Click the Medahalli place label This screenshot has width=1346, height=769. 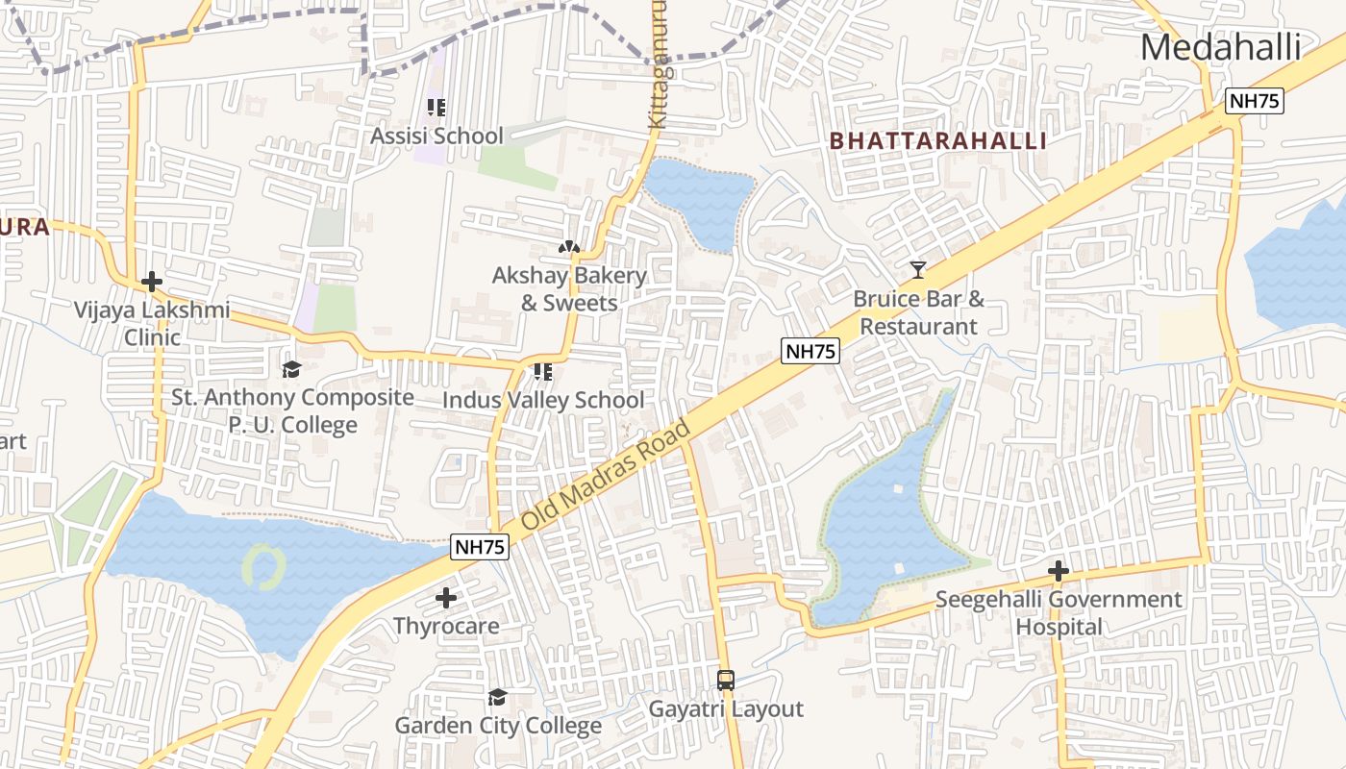click(x=1220, y=48)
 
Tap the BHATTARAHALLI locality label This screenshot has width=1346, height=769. click(x=937, y=141)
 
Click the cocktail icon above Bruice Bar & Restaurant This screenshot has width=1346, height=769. click(x=918, y=270)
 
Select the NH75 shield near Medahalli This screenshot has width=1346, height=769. click(x=1255, y=101)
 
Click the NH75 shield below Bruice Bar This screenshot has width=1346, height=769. click(x=810, y=351)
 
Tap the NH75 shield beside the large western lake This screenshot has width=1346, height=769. click(x=479, y=547)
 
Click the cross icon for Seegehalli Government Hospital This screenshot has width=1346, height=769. click(x=1059, y=571)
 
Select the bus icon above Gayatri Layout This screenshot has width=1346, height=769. click(x=726, y=681)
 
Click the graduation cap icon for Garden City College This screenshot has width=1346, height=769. click(x=497, y=697)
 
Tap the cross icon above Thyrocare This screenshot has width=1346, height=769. click(x=445, y=598)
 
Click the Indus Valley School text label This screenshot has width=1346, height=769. click(x=543, y=400)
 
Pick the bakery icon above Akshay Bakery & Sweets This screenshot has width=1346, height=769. click(x=569, y=248)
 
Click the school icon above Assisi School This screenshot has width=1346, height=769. click(x=436, y=108)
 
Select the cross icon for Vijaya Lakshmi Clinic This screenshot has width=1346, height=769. click(x=151, y=282)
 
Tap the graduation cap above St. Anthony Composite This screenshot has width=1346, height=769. click(x=290, y=369)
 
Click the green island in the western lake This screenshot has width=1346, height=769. click(x=262, y=566)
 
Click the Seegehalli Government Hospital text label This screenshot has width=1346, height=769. click(x=1059, y=612)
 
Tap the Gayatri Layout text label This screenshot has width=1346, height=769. click(x=726, y=709)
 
